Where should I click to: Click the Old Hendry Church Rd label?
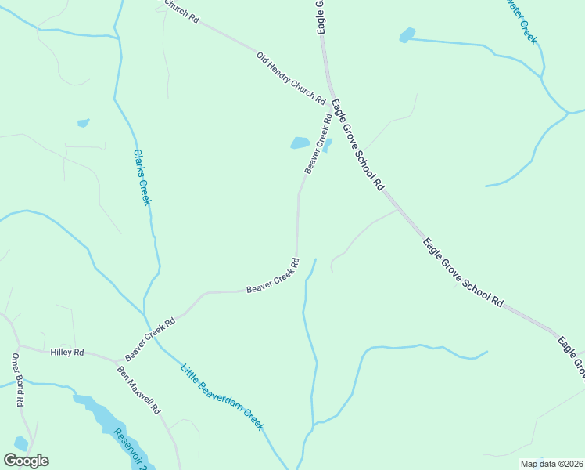[x=290, y=78]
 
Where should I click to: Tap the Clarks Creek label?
[x=142, y=178]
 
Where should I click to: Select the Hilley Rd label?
[x=66, y=353]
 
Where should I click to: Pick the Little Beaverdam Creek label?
[x=222, y=397]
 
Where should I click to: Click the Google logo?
[x=26, y=461]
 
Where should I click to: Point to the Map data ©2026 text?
[x=551, y=464]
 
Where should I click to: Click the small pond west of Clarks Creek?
[x=83, y=123]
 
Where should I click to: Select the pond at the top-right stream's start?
[x=407, y=35]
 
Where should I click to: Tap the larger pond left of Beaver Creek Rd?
[x=300, y=143]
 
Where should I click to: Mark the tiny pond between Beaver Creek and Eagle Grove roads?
[x=328, y=143]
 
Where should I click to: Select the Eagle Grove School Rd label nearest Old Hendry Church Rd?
[x=358, y=144]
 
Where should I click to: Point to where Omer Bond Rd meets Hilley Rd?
[x=19, y=345]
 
